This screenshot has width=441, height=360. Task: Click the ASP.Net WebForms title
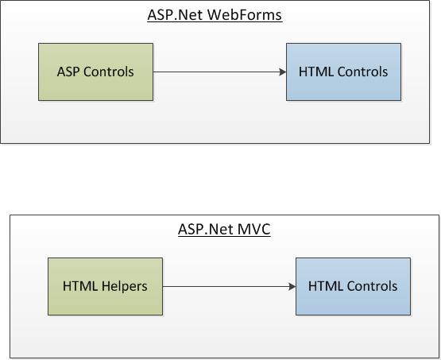215,15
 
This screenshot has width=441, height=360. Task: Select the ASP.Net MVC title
224,229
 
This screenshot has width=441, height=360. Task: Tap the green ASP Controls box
95,72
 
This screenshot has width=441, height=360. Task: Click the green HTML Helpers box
105,286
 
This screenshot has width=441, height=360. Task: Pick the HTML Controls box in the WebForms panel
344,72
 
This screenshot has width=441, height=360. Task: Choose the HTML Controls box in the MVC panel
354,286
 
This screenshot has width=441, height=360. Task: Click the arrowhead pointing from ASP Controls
283,72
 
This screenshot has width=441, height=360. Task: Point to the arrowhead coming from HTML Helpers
292,287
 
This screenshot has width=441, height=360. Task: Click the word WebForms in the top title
245,15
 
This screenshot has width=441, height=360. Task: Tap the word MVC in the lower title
254,229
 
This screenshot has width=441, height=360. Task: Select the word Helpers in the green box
124,286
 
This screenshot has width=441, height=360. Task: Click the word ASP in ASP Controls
68,72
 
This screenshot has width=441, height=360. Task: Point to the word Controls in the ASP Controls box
109,72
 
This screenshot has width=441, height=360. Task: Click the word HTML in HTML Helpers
80,286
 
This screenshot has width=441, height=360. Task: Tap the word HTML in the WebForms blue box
316,72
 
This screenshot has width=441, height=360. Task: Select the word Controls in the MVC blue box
372,286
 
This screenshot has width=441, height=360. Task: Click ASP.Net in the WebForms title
175,15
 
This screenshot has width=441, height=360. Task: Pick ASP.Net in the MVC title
206,229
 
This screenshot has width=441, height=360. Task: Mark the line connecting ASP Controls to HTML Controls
219,72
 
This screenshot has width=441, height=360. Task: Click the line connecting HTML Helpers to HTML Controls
229,287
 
